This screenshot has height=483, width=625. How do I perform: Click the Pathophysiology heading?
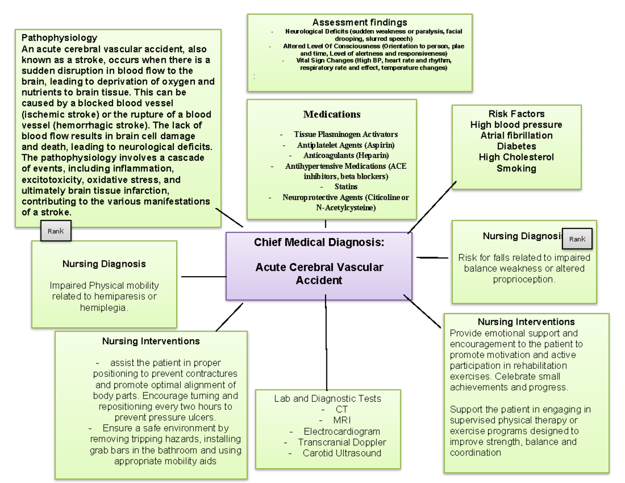tap(59, 38)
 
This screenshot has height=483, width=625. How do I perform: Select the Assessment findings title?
tap(359, 22)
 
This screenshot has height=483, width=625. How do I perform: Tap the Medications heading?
tap(332, 114)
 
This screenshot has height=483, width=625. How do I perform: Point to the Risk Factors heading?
tap(516, 114)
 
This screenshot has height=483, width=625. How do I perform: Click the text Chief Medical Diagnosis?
tap(319, 242)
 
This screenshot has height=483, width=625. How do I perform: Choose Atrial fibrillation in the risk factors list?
tap(516, 135)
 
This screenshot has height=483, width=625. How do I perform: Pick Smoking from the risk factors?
tap(516, 168)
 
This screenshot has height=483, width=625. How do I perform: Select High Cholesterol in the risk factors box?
tap(516, 157)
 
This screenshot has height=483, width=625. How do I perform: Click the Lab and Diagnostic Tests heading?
tap(328, 399)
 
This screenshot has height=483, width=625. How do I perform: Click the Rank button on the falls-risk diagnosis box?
tap(577, 239)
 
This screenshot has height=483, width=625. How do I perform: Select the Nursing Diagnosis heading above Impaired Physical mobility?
tap(104, 264)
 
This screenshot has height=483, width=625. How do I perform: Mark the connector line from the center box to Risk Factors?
tap(432, 207)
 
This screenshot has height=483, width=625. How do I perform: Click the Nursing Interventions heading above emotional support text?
tap(526, 321)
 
